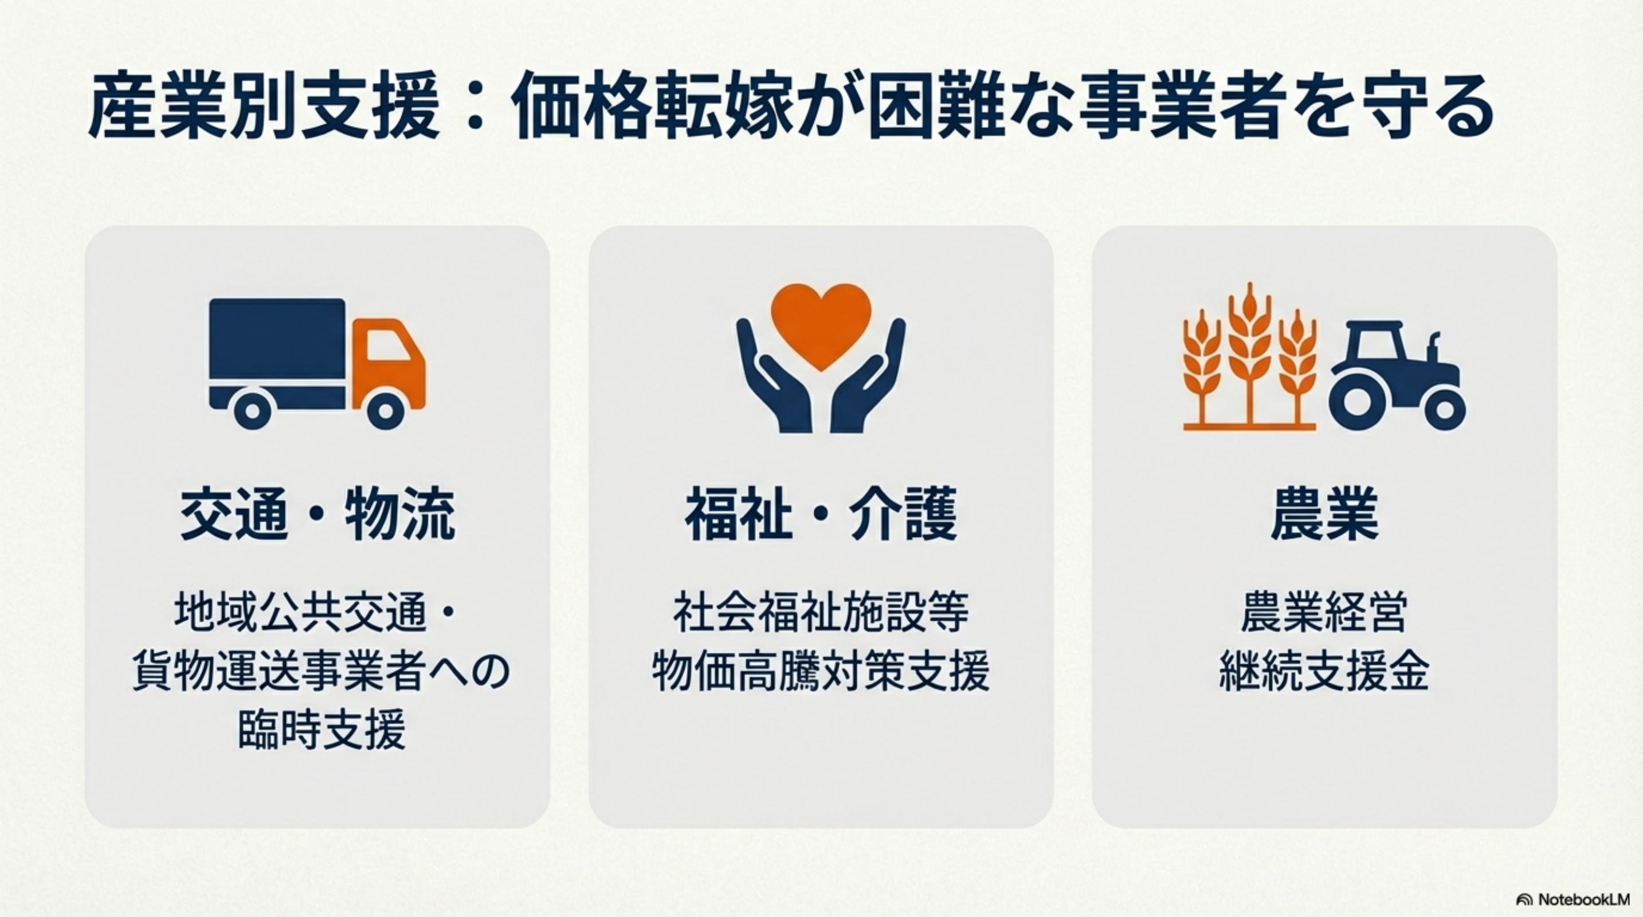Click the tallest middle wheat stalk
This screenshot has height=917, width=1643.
tap(1249, 354)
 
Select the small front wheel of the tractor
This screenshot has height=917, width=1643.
tap(1444, 409)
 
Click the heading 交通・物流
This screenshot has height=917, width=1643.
tap(317, 515)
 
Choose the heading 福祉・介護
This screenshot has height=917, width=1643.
tap(821, 515)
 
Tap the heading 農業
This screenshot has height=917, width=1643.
tap(1325, 515)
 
